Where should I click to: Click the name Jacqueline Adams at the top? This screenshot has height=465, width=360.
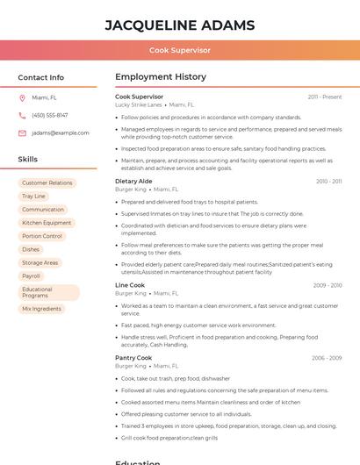point(180,25)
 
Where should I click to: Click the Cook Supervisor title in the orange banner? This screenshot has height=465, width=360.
point(180,50)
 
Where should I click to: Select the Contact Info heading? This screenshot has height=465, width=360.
point(41,77)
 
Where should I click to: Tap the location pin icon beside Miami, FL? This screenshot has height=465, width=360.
point(22,98)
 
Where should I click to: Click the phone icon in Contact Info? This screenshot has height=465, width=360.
point(22,116)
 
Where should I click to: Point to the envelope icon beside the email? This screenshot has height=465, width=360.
point(22,133)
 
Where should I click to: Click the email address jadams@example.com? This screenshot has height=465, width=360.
point(61,133)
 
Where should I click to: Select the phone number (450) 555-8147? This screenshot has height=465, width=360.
point(50,116)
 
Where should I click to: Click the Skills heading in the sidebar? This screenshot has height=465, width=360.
point(28,160)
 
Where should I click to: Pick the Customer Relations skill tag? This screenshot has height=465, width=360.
point(47,183)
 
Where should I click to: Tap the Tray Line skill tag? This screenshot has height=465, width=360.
point(33,197)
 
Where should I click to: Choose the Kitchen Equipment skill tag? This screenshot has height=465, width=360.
point(47,223)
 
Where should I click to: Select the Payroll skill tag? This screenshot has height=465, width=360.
point(32,275)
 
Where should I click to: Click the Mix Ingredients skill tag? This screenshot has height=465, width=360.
point(42,309)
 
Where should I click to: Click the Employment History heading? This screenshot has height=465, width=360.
point(161,77)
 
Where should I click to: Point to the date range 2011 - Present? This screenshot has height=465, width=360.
point(325,97)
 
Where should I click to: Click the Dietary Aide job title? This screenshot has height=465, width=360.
point(133,181)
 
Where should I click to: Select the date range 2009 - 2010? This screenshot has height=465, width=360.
point(328,285)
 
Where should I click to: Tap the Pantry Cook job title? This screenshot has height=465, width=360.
point(133,358)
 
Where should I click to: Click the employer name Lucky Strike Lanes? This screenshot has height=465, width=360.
point(139,105)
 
